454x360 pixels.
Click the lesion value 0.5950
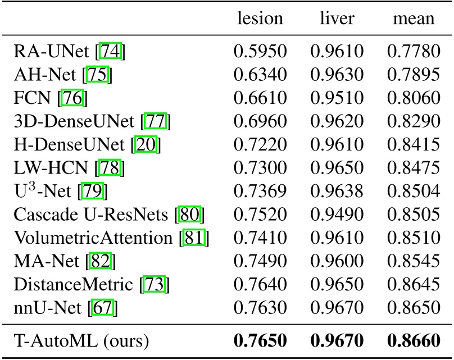pyautogui.click(x=260, y=53)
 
